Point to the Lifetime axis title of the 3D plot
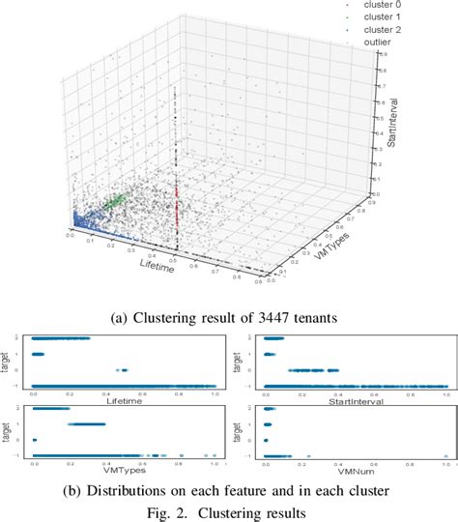157,263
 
